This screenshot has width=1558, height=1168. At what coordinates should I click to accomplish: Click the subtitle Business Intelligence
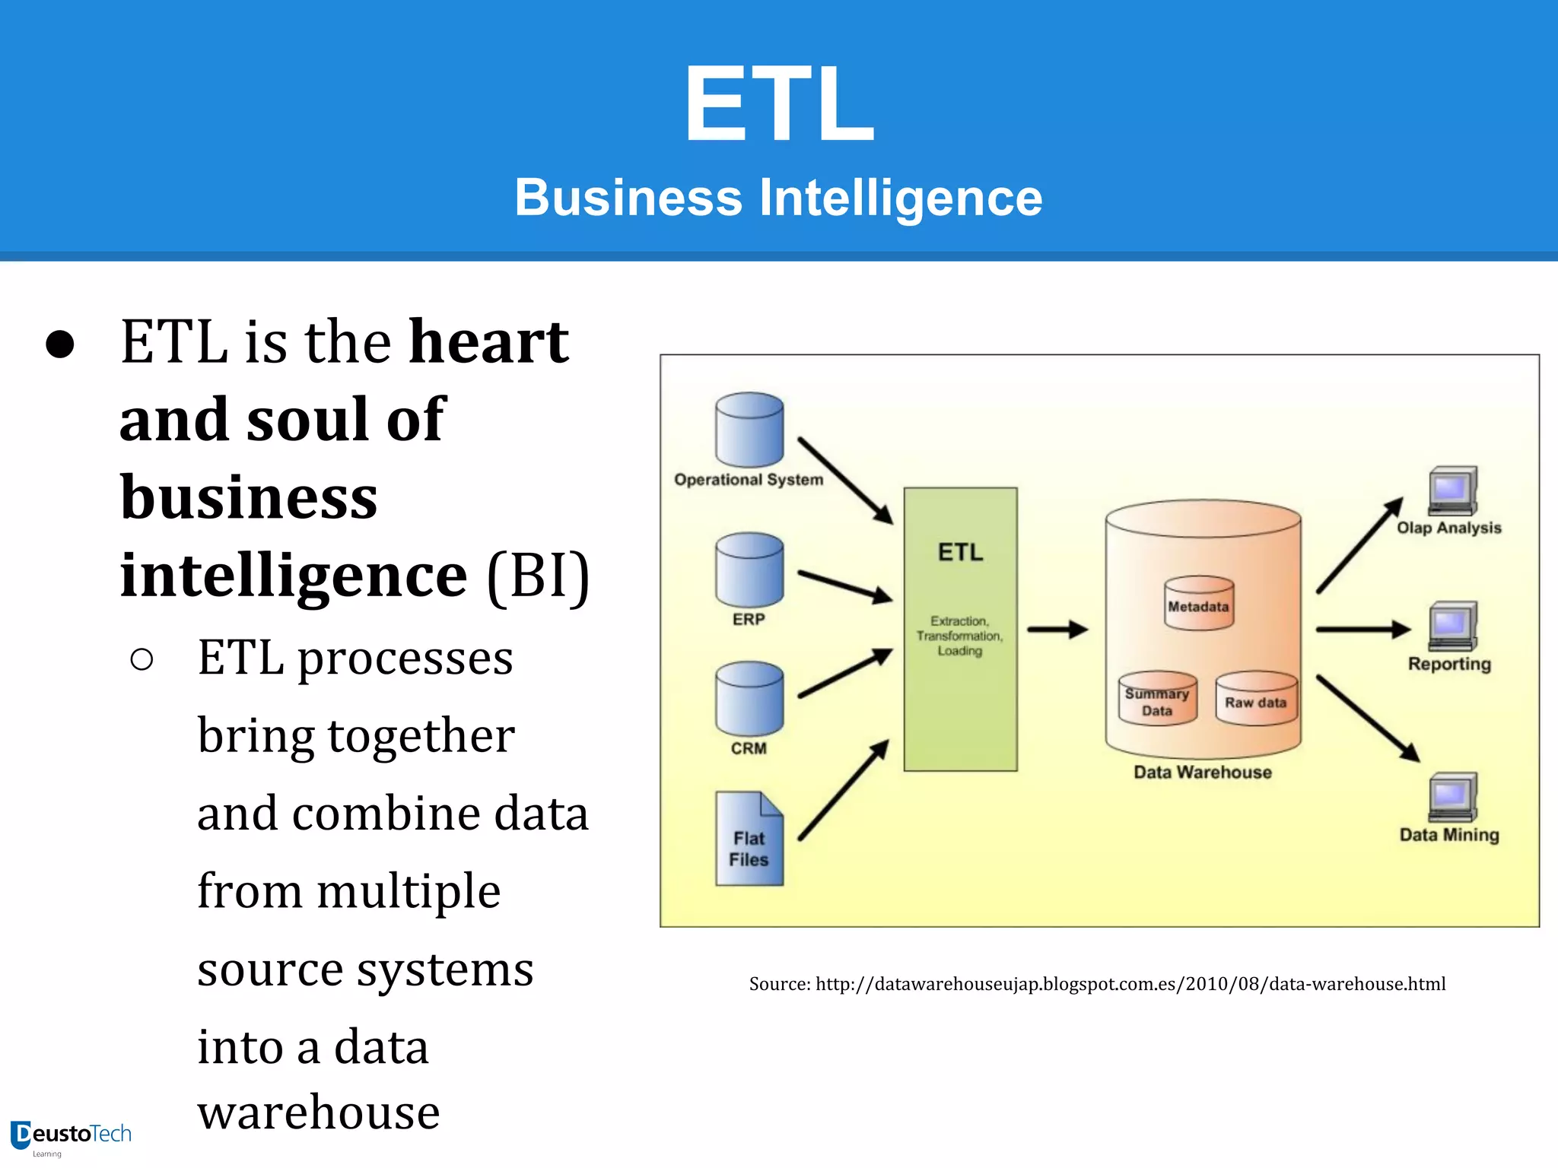click(x=778, y=198)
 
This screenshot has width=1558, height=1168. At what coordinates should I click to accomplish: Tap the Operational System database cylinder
click(x=749, y=430)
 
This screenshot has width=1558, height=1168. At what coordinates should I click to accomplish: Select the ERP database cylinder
click(x=749, y=570)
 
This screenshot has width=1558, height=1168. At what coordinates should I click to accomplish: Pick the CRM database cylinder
click(x=749, y=699)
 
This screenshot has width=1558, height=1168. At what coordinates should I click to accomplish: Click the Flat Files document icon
click(x=749, y=839)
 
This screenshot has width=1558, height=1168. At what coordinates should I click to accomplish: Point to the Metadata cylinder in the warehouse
click(x=1199, y=604)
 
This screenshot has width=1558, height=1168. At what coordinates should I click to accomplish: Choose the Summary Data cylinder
click(x=1157, y=699)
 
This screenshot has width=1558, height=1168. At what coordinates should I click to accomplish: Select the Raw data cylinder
click(x=1256, y=699)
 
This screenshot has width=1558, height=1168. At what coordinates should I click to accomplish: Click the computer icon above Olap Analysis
click(x=1452, y=491)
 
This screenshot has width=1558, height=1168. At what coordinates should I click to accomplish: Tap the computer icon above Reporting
click(x=1452, y=627)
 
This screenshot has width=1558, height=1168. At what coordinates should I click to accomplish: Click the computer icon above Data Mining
click(x=1452, y=798)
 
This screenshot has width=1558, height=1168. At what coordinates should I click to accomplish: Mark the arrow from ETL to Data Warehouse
click(x=1058, y=630)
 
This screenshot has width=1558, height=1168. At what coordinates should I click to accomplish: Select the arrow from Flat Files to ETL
click(x=844, y=790)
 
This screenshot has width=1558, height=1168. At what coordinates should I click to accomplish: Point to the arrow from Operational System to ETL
click(x=845, y=481)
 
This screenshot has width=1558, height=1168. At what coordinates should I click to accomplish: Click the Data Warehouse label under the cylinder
click(x=1203, y=773)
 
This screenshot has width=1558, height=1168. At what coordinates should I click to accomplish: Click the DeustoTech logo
click(x=72, y=1136)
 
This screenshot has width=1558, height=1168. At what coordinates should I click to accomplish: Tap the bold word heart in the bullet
click(x=488, y=341)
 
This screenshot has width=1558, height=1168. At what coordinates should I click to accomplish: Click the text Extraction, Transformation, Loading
click(x=960, y=636)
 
